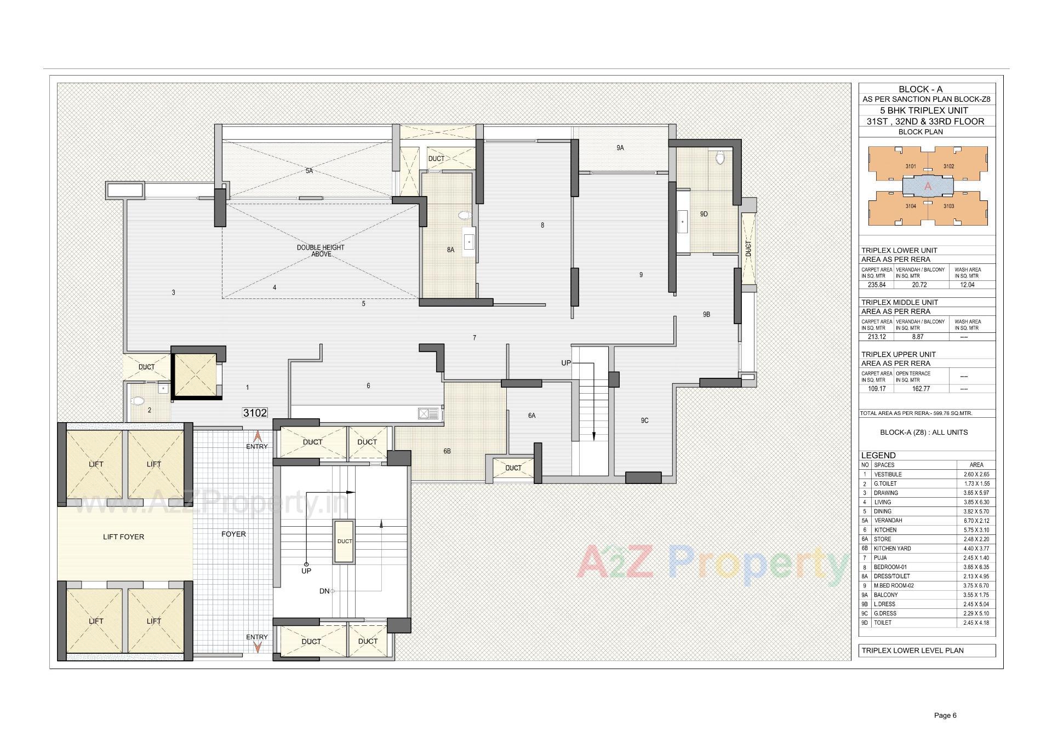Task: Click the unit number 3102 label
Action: pyautogui.click(x=255, y=413)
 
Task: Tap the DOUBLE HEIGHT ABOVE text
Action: pyautogui.click(x=321, y=251)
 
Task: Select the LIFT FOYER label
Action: pyautogui.click(x=123, y=537)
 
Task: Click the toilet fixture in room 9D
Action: pyautogui.click(x=721, y=158)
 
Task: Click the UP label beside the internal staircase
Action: pyautogui.click(x=566, y=363)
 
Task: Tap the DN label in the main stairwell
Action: pyautogui.click(x=324, y=591)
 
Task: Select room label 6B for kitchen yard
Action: pyautogui.click(x=447, y=451)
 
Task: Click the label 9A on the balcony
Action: pyautogui.click(x=620, y=148)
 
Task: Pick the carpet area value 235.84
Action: pyautogui.click(x=877, y=285)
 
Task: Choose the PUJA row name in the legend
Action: pyautogui.click(x=882, y=558)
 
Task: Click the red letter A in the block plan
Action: pyautogui.click(x=928, y=187)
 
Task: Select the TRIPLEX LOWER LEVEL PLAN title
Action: pyautogui.click(x=912, y=650)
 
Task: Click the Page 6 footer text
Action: pyautogui.click(x=945, y=715)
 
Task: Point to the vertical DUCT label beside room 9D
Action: pyautogui.click(x=748, y=249)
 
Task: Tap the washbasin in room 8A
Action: pyautogui.click(x=470, y=240)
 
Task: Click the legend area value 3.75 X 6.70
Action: pyautogui.click(x=976, y=585)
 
